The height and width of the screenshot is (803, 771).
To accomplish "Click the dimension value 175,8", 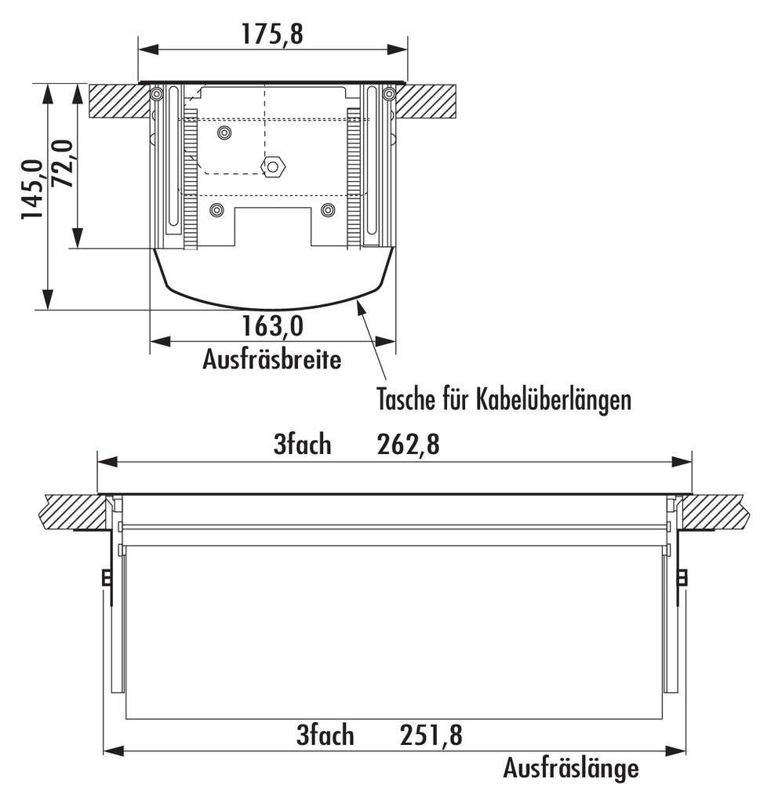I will click(272, 35).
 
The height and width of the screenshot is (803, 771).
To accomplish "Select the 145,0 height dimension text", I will click(31, 189).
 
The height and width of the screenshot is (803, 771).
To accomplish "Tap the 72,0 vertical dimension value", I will click(61, 163).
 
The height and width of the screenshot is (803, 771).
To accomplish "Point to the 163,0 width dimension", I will click(272, 325).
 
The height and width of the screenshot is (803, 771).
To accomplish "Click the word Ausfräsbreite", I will click(271, 360).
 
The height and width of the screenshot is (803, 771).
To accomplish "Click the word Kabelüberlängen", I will click(553, 400).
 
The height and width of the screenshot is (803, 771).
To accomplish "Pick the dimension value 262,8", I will click(408, 445).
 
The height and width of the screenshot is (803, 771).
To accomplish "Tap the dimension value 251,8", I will click(431, 736).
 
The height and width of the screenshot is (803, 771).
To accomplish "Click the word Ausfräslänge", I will click(570, 767).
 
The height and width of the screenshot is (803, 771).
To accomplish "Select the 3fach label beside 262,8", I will click(302, 445).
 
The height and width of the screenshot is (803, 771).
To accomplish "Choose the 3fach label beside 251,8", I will click(325, 736).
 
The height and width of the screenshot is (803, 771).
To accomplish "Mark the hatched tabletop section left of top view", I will click(118, 101).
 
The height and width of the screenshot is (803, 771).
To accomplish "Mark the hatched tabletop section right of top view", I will click(427, 101).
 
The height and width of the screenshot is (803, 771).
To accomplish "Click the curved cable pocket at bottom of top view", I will click(272, 282).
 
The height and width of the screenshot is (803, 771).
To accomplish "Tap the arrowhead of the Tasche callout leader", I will click(361, 305).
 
